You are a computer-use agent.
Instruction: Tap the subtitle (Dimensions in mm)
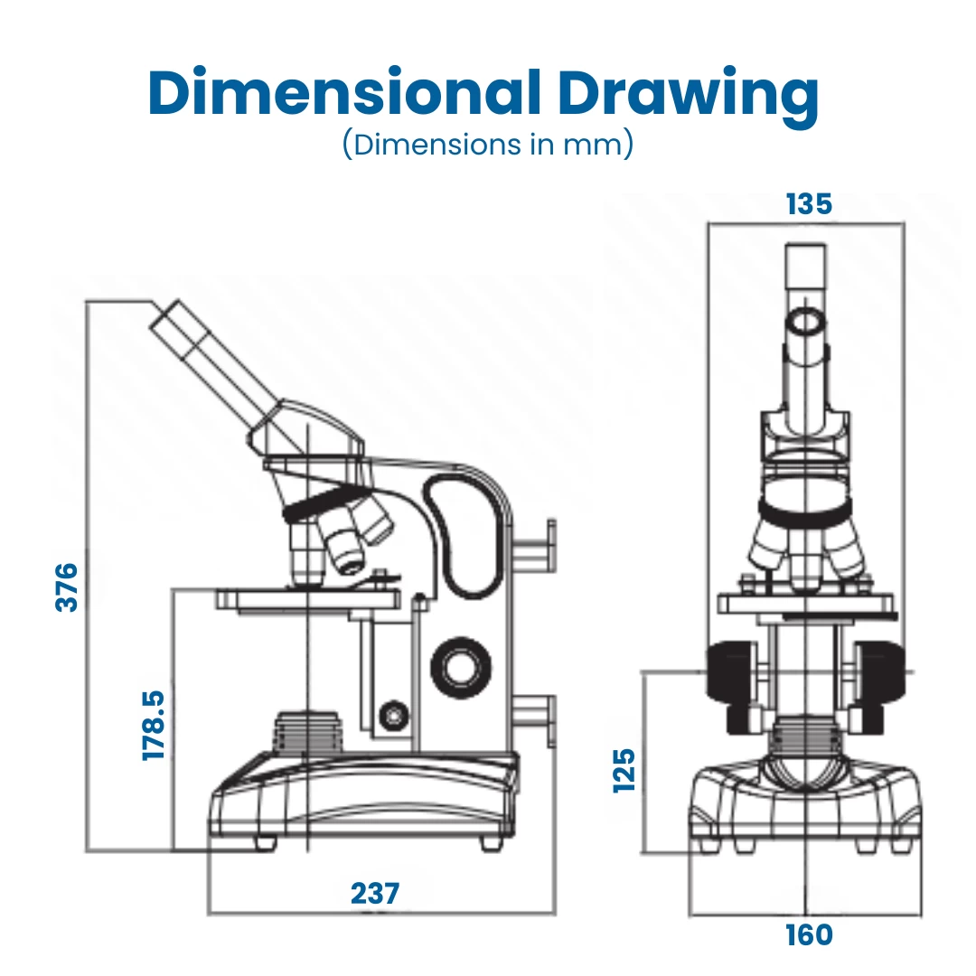pos(487,145)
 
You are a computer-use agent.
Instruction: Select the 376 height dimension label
pos(68,587)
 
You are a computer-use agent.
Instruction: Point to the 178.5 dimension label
pos(154,725)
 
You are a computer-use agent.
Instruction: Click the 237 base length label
pos(374,893)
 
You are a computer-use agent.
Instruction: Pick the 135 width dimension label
pos(808,204)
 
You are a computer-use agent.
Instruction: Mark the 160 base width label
pos(808,934)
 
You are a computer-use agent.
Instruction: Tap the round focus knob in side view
pos(462,667)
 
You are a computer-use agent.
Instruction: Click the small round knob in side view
pos(394,716)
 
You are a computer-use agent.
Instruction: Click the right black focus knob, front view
pos(878,673)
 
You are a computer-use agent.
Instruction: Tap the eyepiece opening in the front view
pos(805,321)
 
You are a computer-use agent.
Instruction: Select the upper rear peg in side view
pos(536,545)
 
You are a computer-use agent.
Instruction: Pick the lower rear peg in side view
pos(536,719)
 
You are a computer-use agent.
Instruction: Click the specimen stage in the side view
pos(307,598)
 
